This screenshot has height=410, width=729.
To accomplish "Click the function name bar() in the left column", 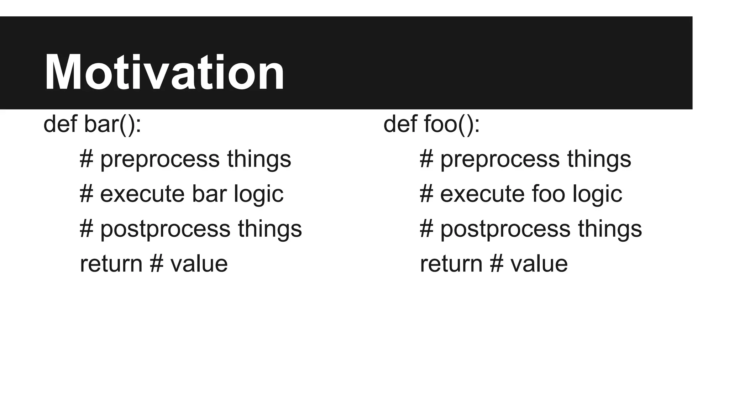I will (x=112, y=124).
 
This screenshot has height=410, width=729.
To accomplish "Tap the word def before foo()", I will (x=400, y=124).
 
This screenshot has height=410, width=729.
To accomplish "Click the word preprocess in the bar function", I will (x=160, y=159).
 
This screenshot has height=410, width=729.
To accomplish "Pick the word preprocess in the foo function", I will (x=500, y=159).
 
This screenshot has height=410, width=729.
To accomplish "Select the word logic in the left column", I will (x=258, y=195).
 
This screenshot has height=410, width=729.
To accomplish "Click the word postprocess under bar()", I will (x=165, y=229).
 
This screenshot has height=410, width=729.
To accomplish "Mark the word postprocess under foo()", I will (x=505, y=229).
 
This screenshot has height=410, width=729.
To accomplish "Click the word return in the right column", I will (x=451, y=264).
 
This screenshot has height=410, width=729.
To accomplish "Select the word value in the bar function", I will (x=199, y=264).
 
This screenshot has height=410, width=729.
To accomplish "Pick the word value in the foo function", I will (x=539, y=264).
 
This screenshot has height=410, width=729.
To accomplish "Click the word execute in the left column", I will (x=142, y=194).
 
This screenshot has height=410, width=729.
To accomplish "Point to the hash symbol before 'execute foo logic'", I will (x=426, y=194).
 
